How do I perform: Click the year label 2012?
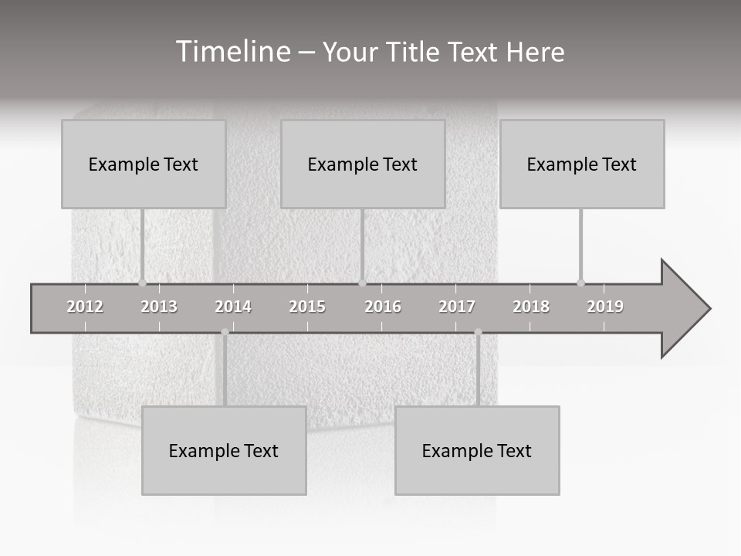click(85, 307)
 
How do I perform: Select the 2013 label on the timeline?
click(159, 307)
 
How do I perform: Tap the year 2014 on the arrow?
click(233, 307)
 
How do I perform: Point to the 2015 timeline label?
click(307, 307)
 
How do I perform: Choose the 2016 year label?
click(383, 307)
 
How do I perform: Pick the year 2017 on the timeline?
click(457, 307)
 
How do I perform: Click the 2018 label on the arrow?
click(531, 307)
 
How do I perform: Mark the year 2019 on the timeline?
click(605, 307)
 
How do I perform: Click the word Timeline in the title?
click(232, 52)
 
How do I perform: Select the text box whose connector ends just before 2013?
click(144, 164)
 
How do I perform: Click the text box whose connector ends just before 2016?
click(363, 164)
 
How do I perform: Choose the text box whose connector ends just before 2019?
click(582, 164)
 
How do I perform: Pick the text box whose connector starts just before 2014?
click(224, 450)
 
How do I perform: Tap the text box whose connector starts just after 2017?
click(477, 450)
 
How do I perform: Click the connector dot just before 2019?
click(580, 283)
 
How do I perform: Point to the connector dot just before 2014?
click(225, 332)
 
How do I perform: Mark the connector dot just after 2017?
click(478, 332)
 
